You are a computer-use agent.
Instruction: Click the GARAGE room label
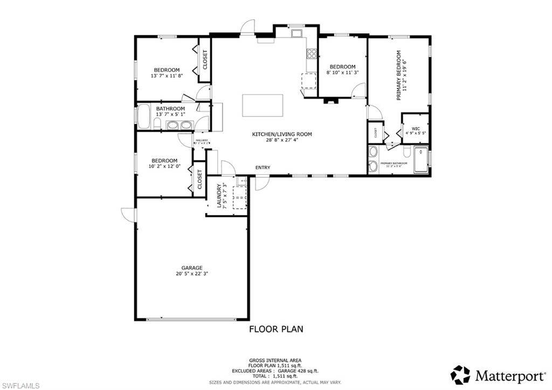[x=191, y=268]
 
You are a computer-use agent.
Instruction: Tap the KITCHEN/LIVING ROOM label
[x=282, y=134]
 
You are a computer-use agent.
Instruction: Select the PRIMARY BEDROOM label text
[x=399, y=75]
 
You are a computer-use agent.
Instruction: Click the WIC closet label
[x=416, y=128]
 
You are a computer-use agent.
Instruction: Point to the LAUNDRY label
[x=219, y=196]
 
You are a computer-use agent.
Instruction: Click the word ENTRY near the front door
[x=263, y=168]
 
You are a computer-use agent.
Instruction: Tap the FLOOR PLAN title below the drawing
[x=275, y=329]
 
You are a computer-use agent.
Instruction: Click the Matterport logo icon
[x=460, y=375]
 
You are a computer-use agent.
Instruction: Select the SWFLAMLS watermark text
[x=20, y=385]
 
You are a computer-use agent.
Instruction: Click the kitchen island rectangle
[x=263, y=105]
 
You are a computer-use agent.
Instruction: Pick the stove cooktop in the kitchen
[x=312, y=53]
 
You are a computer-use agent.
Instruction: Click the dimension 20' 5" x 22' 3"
[x=191, y=273]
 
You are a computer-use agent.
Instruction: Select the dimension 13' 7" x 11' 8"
[x=166, y=76]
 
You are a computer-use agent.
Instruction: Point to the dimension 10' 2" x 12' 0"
[x=164, y=166]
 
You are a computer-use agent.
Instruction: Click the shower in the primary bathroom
[x=421, y=160]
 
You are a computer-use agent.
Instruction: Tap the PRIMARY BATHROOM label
[x=394, y=163]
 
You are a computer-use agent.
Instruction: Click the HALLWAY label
[x=202, y=140]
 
